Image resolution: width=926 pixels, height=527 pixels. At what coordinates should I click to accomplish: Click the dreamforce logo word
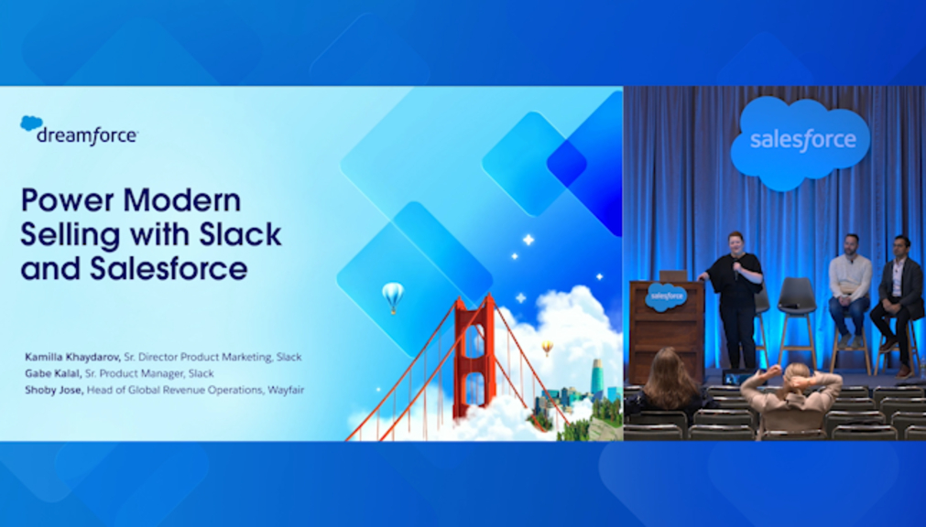(x=87, y=135)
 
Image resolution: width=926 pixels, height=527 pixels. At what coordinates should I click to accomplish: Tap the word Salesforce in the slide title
(x=169, y=268)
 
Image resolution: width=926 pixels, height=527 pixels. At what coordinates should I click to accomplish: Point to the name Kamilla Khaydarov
(x=72, y=357)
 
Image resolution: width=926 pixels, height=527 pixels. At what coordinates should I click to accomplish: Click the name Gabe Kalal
(x=52, y=373)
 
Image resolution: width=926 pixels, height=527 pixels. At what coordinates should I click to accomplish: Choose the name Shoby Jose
(x=53, y=390)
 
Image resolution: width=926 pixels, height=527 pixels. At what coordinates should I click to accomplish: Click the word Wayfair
(x=286, y=390)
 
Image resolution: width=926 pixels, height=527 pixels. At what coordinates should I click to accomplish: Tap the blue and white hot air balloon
(x=393, y=296)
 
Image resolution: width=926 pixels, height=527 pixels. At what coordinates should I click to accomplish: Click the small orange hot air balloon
(x=548, y=348)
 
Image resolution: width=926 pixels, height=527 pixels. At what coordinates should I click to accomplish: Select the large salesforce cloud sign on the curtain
(x=801, y=142)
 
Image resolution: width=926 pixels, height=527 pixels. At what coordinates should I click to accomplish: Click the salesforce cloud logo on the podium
(x=666, y=296)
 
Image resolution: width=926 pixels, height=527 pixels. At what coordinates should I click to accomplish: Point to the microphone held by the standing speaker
(x=735, y=271)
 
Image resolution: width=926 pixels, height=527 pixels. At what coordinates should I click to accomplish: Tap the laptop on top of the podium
(x=673, y=275)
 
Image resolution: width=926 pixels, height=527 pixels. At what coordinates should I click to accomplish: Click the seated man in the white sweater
(x=850, y=288)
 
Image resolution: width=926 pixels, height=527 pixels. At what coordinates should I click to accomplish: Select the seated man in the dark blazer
(x=899, y=304)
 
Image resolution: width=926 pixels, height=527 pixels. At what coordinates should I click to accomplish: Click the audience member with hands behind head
(x=792, y=396)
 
